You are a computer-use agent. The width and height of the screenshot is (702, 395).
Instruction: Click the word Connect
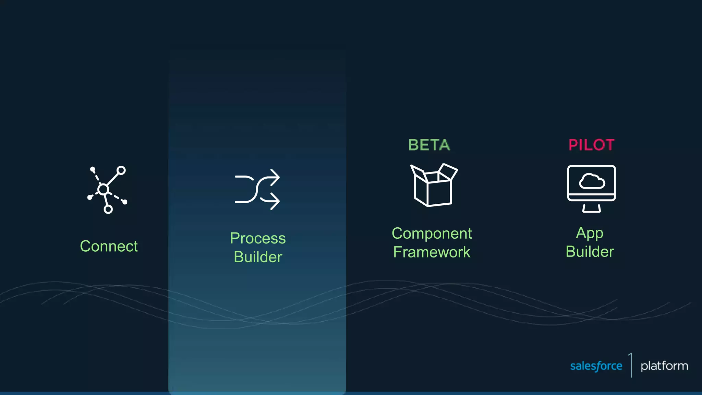109,246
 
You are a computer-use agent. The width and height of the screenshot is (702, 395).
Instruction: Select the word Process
258,238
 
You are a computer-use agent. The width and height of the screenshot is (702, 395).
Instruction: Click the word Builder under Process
258,257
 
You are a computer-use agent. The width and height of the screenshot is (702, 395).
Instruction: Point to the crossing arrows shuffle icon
257,189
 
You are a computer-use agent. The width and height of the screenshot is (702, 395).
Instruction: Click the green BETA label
429,145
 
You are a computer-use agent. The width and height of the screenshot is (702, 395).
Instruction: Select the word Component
432,234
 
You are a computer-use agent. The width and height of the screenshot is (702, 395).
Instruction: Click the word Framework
432,252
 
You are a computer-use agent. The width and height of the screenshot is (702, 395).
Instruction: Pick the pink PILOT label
591,145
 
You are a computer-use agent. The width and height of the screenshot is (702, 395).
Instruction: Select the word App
590,233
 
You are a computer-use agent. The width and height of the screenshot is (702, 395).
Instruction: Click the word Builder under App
590,252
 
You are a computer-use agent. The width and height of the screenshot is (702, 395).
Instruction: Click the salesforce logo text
596,366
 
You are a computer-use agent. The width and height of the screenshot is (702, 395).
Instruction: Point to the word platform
664,366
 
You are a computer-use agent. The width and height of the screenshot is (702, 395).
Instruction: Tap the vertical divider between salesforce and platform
631,365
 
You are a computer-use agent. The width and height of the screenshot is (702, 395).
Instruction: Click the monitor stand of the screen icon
591,208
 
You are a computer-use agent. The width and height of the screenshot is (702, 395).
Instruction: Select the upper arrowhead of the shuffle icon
275,177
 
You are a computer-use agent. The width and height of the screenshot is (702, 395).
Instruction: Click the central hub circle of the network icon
103,189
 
